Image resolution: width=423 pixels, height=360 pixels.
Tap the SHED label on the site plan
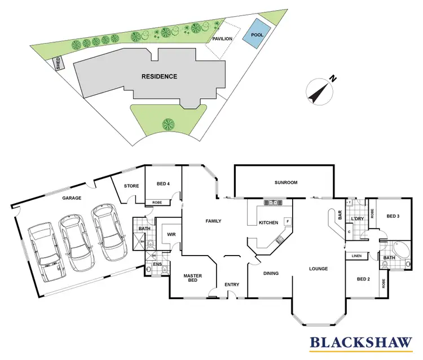click(x=58, y=63)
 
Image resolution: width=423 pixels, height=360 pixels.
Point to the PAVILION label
click(x=222, y=39)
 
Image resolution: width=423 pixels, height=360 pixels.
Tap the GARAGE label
click(x=72, y=198)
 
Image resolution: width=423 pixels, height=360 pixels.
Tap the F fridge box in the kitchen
click(x=288, y=221)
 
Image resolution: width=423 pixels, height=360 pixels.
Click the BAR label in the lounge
click(x=340, y=215)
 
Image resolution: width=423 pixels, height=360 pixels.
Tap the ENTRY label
click(x=232, y=284)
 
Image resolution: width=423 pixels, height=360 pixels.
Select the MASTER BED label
click(x=192, y=279)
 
